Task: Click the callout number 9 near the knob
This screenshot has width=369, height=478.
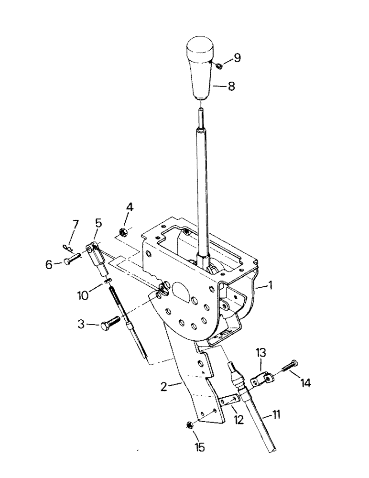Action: click(237, 58)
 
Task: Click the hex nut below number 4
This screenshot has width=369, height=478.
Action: click(122, 232)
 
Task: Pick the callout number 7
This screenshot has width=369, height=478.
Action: click(75, 224)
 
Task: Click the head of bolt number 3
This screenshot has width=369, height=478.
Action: click(105, 326)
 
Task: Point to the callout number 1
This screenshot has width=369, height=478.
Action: click(271, 287)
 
